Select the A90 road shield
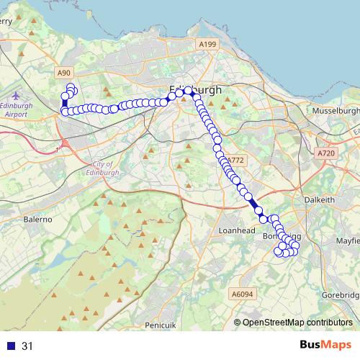(64, 73)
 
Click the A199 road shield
(207, 45)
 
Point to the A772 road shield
(235, 160)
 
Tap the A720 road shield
(326, 153)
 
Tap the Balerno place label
(39, 217)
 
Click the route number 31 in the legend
(27, 346)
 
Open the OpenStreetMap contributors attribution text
(297, 323)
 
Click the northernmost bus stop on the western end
(71, 88)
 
